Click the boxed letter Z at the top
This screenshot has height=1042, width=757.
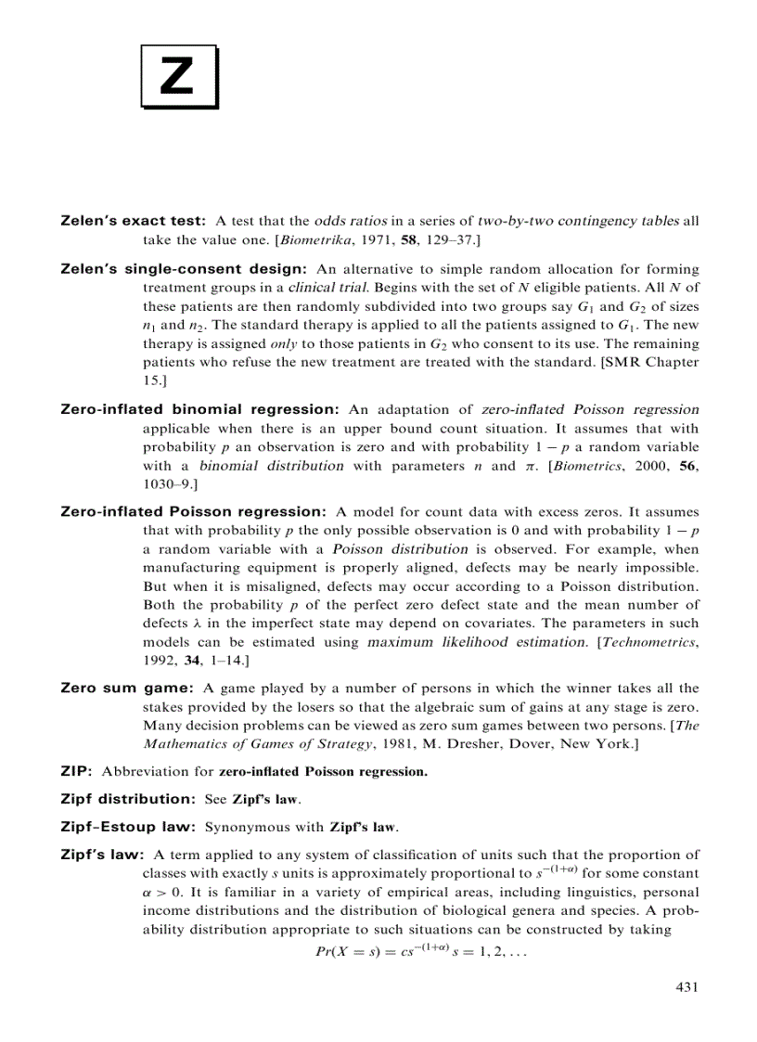(178, 76)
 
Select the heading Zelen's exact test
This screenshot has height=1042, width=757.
(132, 222)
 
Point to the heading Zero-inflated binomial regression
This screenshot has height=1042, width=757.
(199, 409)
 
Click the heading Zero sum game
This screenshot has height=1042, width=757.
(126, 688)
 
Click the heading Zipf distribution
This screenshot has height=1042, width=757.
(127, 798)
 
